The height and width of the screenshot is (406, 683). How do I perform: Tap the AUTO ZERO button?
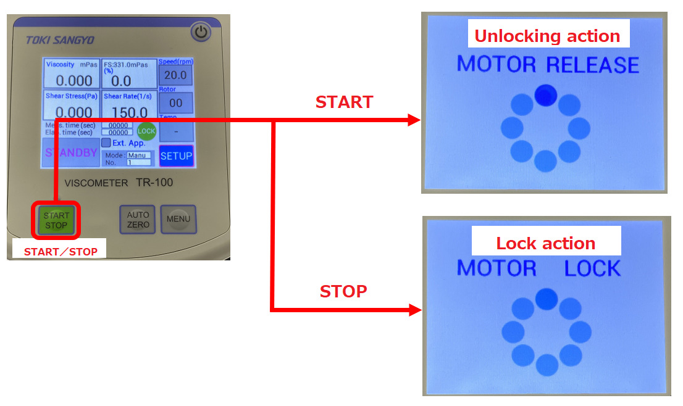pyautogui.click(x=138, y=220)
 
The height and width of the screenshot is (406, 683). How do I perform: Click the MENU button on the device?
pyautogui.click(x=178, y=219)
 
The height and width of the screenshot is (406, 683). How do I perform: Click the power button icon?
pyautogui.click(x=201, y=32)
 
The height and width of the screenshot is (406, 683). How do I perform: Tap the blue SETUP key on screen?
pyautogui.click(x=176, y=156)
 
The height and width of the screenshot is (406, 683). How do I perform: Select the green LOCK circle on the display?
pyautogui.click(x=146, y=131)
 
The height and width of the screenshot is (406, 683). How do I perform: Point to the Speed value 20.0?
pyautogui.click(x=175, y=75)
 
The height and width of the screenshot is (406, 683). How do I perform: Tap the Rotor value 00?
pyautogui.click(x=175, y=103)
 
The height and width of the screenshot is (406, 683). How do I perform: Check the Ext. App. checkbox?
pyautogui.click(x=106, y=143)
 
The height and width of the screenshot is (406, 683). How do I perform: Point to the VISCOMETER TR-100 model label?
pyautogui.click(x=119, y=183)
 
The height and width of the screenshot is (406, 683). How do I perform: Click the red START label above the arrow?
pyautogui.click(x=344, y=102)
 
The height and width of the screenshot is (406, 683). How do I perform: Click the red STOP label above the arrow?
pyautogui.click(x=343, y=291)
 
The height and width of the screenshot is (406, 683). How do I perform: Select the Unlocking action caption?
pyautogui.click(x=547, y=36)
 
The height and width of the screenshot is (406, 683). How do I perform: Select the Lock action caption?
pyautogui.click(x=546, y=243)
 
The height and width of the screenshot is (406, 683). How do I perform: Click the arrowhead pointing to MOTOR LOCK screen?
pyautogui.click(x=414, y=310)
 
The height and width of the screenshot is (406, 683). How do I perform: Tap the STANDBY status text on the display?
pyautogui.click(x=72, y=153)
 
